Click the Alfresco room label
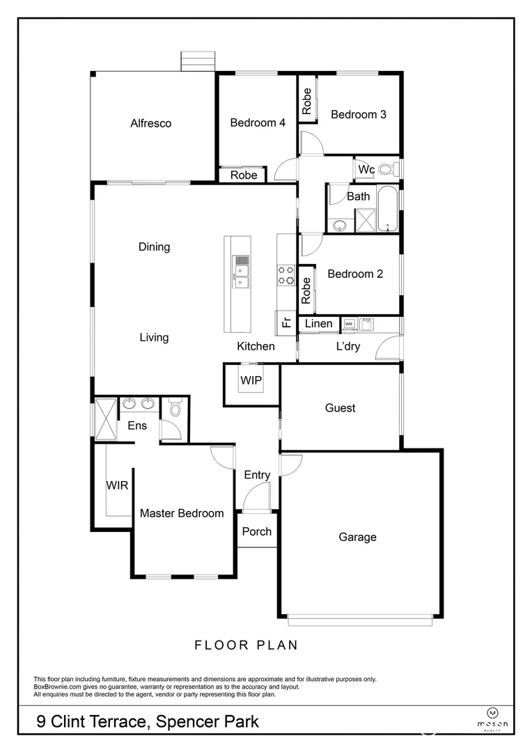point(150,123)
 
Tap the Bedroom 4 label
point(258,123)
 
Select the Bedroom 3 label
point(358,114)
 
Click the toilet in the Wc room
point(389,168)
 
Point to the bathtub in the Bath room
point(389,207)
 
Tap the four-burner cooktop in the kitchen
point(285,274)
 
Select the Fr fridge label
point(285,322)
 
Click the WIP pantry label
point(251,381)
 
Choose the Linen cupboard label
point(319,324)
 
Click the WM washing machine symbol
point(349,324)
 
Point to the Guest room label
point(340,408)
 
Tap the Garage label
point(357,537)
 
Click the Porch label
point(256,531)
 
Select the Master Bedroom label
point(182,513)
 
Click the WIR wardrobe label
point(117,485)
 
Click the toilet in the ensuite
point(175,409)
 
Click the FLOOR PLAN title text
point(246,645)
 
